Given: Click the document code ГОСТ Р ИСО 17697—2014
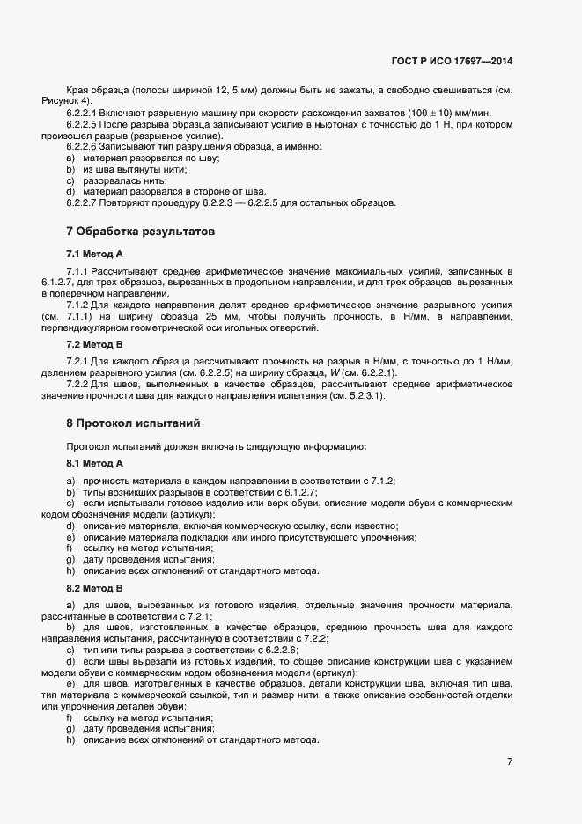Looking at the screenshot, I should [x=452, y=62].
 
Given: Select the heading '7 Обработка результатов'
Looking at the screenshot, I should [x=140, y=232].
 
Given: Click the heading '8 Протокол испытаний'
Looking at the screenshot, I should [x=133, y=423].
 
